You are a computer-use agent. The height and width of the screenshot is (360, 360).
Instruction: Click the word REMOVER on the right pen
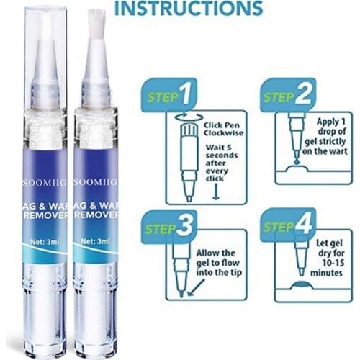(x=94, y=215)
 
